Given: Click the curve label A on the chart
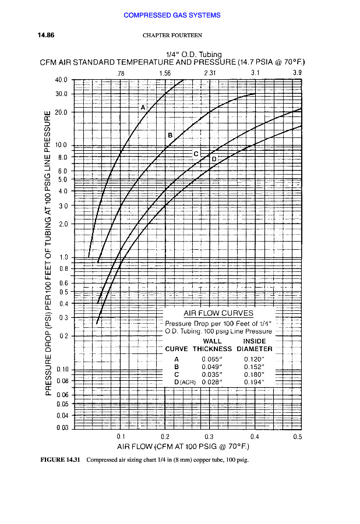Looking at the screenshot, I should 142,107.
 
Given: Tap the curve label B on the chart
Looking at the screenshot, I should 170,134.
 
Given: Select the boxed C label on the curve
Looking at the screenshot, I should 196,154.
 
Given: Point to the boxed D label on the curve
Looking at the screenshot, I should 214,159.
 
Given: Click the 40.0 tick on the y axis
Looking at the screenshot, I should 61,80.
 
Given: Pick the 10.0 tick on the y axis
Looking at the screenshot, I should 61,145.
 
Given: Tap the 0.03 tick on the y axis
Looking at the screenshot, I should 62,428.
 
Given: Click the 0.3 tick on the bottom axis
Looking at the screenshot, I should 210,436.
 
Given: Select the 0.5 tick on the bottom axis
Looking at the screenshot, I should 297,436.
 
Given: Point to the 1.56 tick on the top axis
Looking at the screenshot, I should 165,73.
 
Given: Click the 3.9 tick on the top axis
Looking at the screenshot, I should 297,73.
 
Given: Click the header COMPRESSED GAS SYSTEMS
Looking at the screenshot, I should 172,15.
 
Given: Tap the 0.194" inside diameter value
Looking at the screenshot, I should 255,382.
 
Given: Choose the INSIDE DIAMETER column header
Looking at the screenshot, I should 255,345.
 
